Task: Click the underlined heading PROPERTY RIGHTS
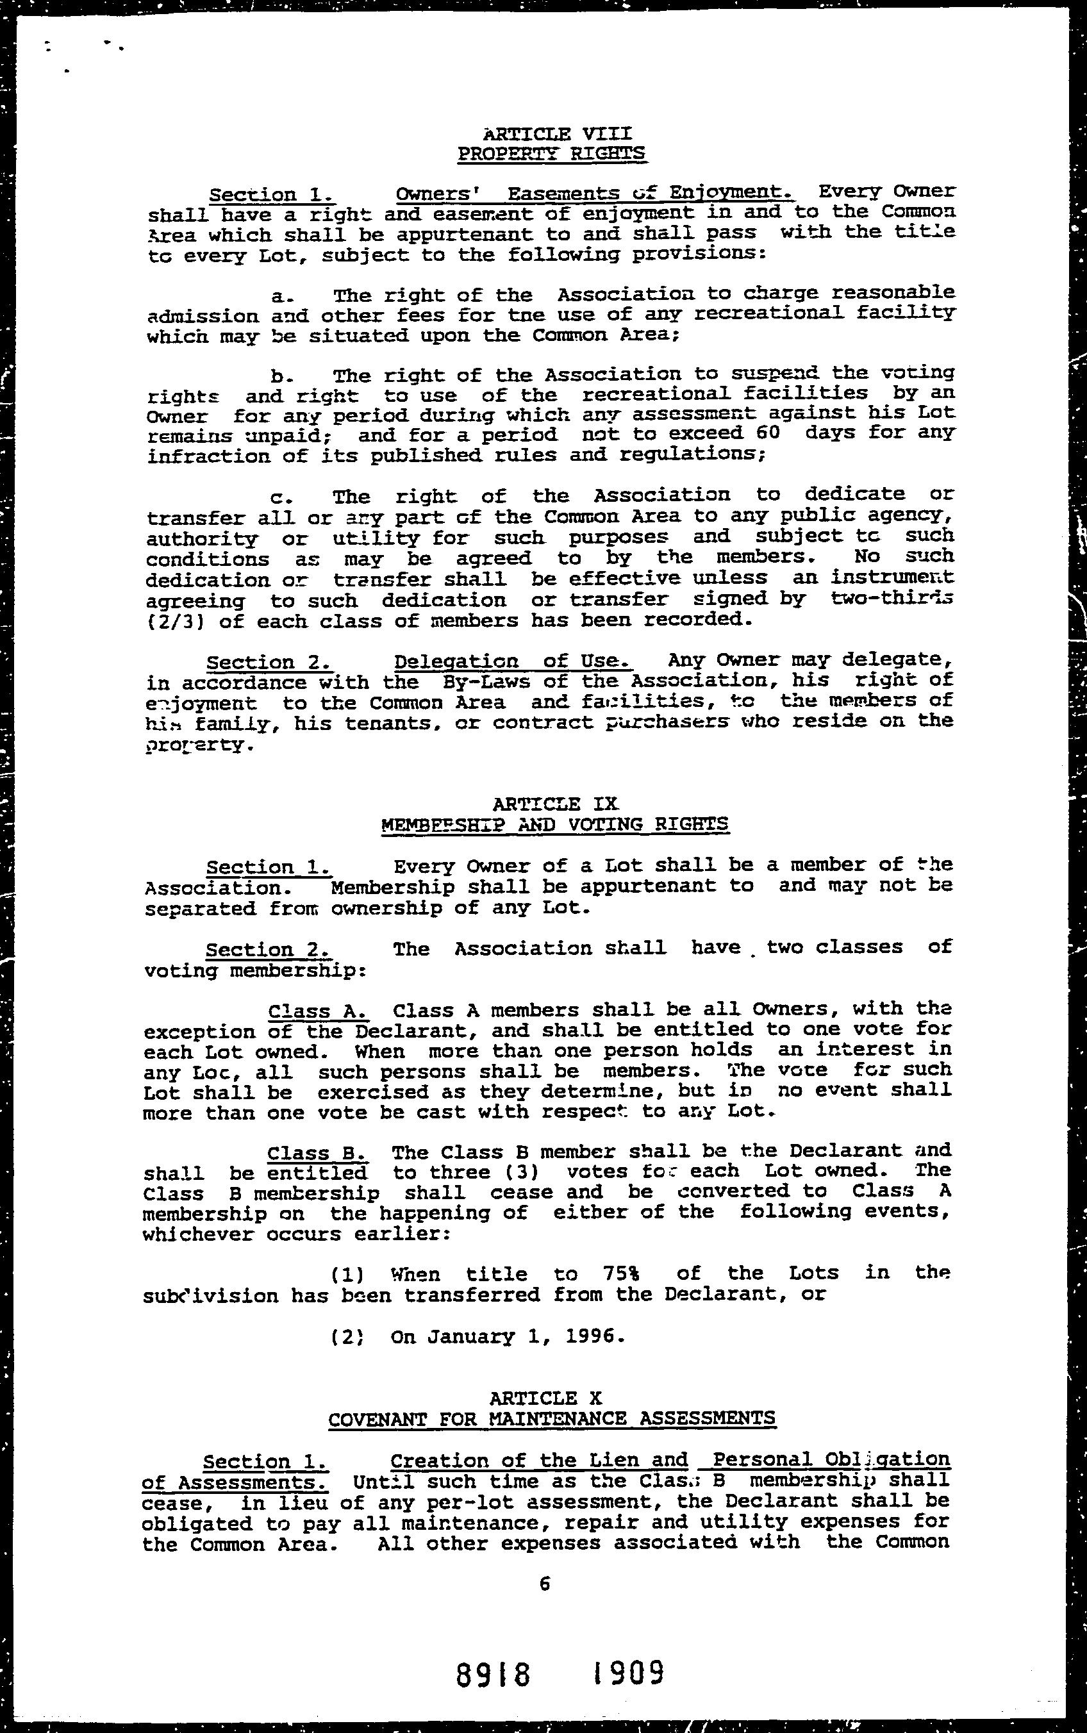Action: click(x=551, y=153)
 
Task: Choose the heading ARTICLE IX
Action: click(x=555, y=804)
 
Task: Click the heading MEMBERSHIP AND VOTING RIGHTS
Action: click(x=554, y=824)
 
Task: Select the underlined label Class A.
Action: click(x=319, y=1011)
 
